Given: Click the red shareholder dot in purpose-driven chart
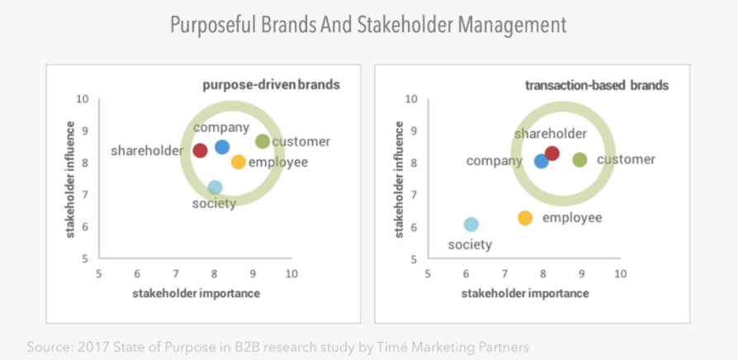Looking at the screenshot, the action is (x=200, y=150).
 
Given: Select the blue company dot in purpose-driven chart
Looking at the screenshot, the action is (x=222, y=147).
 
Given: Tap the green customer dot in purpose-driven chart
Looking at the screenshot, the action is (x=263, y=141).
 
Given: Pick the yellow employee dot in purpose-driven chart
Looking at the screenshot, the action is (x=239, y=162).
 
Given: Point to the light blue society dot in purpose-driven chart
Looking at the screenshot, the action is (x=215, y=187).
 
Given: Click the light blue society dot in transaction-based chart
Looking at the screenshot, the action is (x=471, y=225).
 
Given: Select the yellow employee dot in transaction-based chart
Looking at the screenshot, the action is (x=525, y=218).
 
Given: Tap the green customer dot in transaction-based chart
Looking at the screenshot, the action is (x=580, y=160).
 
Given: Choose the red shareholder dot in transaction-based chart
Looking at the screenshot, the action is (x=552, y=154).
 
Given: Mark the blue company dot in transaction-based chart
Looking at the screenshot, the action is (x=542, y=161).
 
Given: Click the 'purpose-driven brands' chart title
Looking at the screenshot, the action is (x=271, y=86).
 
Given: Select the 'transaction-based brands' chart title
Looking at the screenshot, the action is (x=596, y=86).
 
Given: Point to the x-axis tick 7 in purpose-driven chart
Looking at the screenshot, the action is (x=176, y=273).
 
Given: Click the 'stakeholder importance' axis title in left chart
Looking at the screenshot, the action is (x=196, y=294).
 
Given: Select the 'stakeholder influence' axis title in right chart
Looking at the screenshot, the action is (x=399, y=179).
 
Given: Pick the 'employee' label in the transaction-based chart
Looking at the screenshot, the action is (x=572, y=218).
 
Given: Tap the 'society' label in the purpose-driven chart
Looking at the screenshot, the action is (x=214, y=204).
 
